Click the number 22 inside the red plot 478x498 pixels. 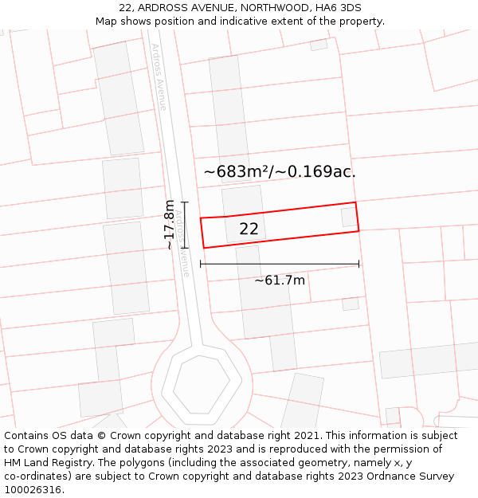tap(249, 229)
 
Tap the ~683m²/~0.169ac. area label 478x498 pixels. tap(280, 171)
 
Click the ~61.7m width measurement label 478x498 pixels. tap(280, 280)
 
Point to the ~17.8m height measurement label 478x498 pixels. tap(169, 225)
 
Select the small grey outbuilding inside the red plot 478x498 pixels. tap(349, 217)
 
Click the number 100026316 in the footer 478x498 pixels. tap(34, 490)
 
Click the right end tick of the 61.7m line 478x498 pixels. tap(358, 264)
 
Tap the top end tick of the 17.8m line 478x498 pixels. tap(184, 202)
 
